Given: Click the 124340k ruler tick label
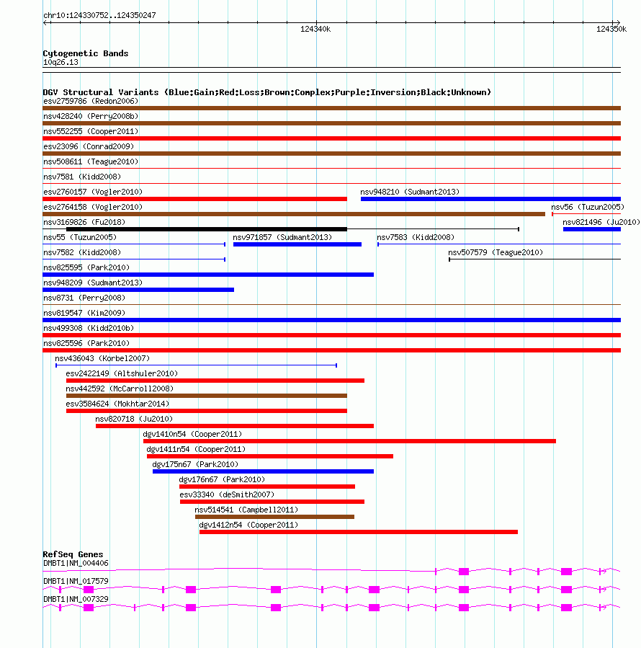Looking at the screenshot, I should tap(315, 29).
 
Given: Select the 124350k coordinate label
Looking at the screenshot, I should tap(610, 29).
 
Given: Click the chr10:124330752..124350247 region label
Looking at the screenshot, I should tap(99, 15).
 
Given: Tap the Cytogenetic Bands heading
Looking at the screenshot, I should tap(86, 53).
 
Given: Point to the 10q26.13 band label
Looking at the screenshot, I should tap(60, 62).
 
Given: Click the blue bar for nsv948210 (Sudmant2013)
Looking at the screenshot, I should tap(490, 199).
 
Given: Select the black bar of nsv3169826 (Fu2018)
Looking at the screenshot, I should tap(206, 229).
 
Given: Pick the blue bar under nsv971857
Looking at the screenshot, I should tap(297, 244).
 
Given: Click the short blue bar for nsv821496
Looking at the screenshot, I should tap(591, 229).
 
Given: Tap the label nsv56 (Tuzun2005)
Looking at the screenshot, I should tap(587, 207).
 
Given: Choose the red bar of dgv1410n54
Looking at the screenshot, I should tap(349, 441).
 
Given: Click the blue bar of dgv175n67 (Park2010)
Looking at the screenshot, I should tap(263, 471).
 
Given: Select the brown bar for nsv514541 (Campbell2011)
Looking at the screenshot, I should tap(274, 517).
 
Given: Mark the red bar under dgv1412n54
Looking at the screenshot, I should tap(358, 532).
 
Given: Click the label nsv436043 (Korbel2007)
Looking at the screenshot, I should tap(102, 358).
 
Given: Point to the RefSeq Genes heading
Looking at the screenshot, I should tap(73, 554).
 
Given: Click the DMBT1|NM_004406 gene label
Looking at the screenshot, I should tap(76, 563).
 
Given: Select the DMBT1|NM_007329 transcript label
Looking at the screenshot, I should tap(76, 599).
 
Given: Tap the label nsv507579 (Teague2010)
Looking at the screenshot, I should tap(496, 252).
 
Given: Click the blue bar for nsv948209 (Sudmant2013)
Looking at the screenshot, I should tap(138, 290).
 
